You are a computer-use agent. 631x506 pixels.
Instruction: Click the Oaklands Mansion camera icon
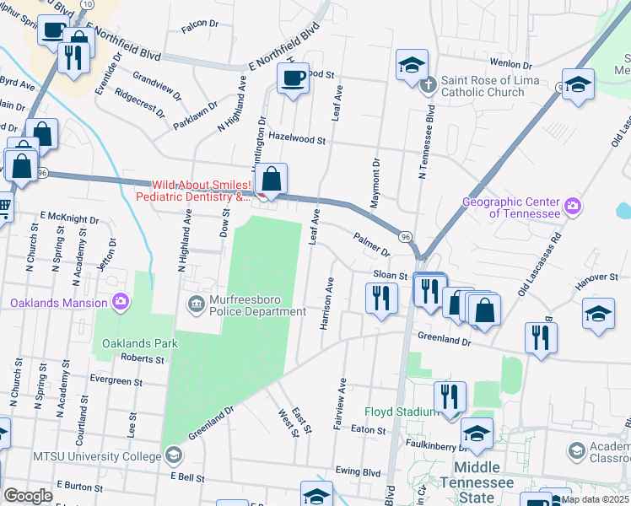pyautogui.click(x=121, y=302)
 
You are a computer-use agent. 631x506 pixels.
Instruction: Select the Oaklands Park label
pyautogui.click(x=140, y=343)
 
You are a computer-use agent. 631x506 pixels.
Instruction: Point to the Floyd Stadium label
pyautogui.click(x=401, y=412)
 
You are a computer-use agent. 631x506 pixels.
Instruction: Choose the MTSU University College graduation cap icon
pyautogui.click(x=173, y=456)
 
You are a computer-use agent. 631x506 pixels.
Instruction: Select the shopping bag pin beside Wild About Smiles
pyautogui.click(x=271, y=180)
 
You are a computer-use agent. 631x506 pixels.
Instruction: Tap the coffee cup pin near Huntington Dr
pyautogui.click(x=293, y=79)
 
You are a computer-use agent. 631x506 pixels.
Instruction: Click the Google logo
pyautogui.click(x=28, y=495)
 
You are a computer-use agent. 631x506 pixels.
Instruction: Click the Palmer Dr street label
pyautogui.click(x=371, y=245)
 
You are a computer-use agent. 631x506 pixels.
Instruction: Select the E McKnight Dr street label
pyautogui.click(x=69, y=218)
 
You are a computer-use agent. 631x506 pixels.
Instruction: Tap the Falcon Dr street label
pyautogui.click(x=200, y=26)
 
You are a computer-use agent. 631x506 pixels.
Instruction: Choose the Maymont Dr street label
pyautogui.click(x=375, y=182)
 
